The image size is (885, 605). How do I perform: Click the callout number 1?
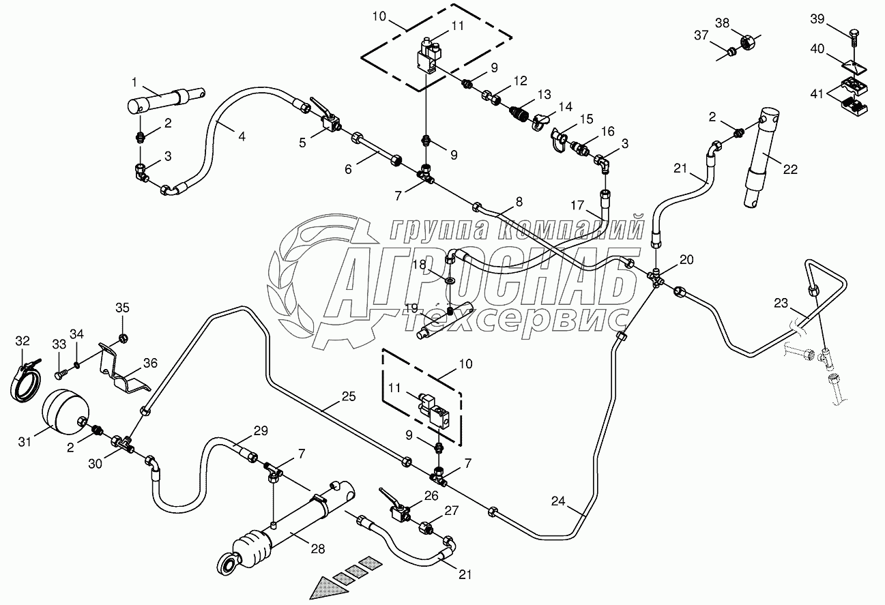point(134,83)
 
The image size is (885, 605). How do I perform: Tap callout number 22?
point(789,170)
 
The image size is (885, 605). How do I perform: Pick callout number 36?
point(149,364)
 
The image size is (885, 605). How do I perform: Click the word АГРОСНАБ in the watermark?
point(478,282)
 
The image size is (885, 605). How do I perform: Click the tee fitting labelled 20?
point(656,278)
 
